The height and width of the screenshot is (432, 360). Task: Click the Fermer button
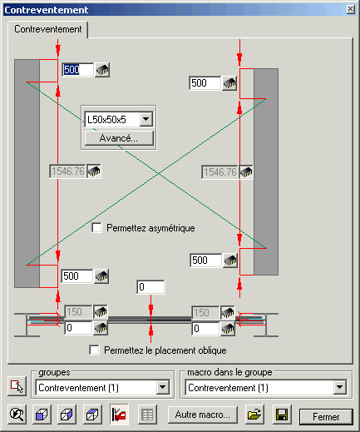click(x=326, y=416)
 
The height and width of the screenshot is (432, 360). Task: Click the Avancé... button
click(x=119, y=138)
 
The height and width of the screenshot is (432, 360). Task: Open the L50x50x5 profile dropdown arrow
click(x=146, y=119)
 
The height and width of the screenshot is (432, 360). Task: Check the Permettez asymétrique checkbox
click(x=96, y=228)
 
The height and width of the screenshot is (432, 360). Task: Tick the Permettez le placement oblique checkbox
click(x=94, y=350)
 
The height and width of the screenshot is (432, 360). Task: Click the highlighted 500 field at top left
click(x=77, y=70)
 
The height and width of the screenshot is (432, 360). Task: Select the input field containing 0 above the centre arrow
click(x=150, y=287)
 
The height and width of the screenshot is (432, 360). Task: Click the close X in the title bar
click(x=351, y=9)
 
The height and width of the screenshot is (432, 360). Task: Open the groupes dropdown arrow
click(x=162, y=387)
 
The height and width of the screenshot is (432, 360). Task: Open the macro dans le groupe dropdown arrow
click(x=340, y=387)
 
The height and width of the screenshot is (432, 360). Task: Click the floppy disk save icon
click(x=282, y=415)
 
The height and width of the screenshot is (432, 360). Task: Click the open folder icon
click(x=254, y=415)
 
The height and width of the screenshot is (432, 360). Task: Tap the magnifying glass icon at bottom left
click(x=17, y=415)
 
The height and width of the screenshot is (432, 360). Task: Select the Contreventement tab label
click(x=48, y=29)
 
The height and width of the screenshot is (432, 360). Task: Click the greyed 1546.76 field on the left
click(x=67, y=171)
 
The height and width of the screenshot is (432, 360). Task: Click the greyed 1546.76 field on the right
click(x=219, y=172)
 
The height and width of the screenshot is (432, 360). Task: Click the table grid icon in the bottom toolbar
click(x=147, y=415)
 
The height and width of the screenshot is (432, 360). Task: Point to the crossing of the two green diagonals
click(x=159, y=173)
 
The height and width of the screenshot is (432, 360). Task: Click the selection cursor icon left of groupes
click(x=17, y=386)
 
